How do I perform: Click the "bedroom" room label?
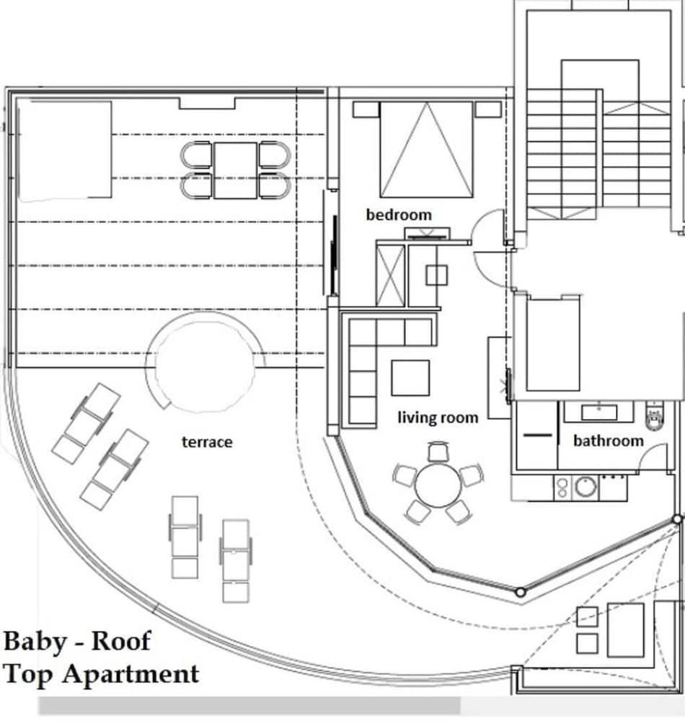tap(399, 215)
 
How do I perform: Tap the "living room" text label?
tap(438, 417)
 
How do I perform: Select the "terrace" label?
tap(207, 441)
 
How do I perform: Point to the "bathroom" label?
tap(608, 440)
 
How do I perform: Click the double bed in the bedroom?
tap(427, 149)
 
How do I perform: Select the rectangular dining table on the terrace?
tap(235, 170)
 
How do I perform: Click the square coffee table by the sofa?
tap(410, 378)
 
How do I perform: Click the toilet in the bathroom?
tap(654, 417)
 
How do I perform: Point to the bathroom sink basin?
tap(598, 412)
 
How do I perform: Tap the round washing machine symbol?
tap(585, 488)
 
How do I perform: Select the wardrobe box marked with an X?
tap(392, 275)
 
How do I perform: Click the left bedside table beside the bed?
tap(366, 110)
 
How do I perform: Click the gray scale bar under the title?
tap(249, 705)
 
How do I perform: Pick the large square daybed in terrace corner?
tap(65, 150)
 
